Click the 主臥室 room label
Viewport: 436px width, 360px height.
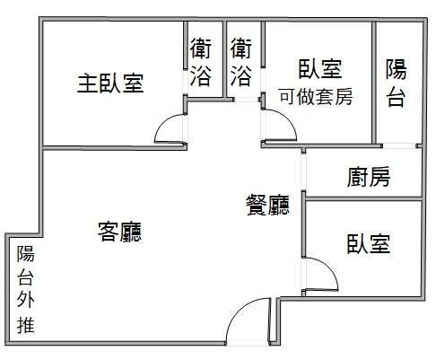point(110,83)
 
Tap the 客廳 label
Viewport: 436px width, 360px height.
point(120,232)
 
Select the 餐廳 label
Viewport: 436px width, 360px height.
point(268,205)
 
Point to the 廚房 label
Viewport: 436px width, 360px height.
point(369,177)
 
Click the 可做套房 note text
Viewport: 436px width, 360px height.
point(316,97)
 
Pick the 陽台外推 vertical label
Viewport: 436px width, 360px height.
point(26,289)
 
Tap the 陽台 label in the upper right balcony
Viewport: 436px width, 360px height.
point(396,83)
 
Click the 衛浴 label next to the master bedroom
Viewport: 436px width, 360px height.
point(201,62)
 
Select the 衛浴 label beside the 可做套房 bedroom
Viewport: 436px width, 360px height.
point(241,62)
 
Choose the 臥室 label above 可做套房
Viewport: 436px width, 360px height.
point(320,69)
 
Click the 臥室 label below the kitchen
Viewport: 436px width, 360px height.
point(369,244)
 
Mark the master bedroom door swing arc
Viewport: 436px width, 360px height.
point(164,124)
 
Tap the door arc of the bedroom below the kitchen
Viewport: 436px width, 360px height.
point(328,267)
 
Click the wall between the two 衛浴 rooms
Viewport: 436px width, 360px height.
point(224,59)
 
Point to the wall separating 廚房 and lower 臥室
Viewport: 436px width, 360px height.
point(363,199)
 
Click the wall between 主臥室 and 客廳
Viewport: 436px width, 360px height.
point(114,148)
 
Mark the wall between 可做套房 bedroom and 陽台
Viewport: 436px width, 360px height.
point(374,83)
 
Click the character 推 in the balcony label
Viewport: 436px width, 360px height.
point(26,325)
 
